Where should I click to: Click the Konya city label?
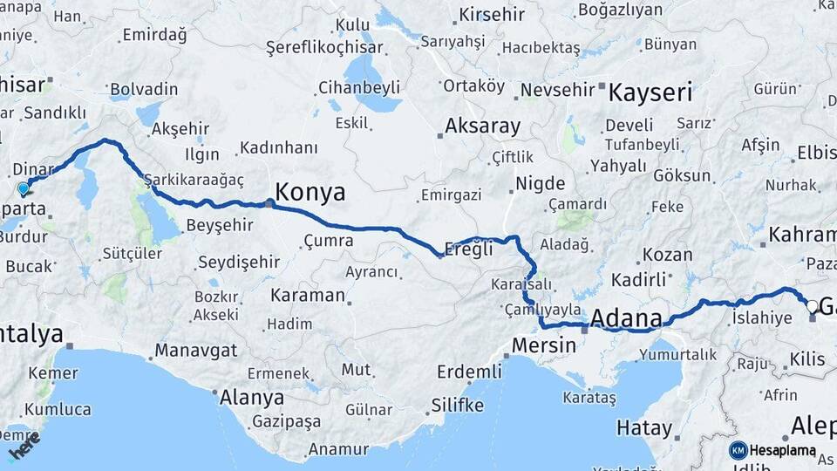tap(310, 192)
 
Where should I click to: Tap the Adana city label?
tap(626, 319)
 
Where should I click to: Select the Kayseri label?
tap(650, 92)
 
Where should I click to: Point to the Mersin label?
tap(544, 345)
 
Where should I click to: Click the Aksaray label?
tap(482, 126)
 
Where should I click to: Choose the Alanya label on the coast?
tap(252, 398)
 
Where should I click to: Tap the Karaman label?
tap(308, 295)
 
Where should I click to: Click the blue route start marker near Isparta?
tap(24, 188)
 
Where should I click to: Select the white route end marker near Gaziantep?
tap(813, 306)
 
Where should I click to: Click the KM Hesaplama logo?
tap(772, 450)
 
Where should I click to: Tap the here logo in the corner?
tap(24, 450)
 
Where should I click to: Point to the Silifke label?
tap(457, 406)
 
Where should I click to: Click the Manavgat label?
tap(196, 351)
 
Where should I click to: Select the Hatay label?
tap(644, 428)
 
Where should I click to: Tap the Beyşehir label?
tap(220, 225)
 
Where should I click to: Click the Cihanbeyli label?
tap(358, 87)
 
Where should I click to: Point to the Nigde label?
tap(540, 184)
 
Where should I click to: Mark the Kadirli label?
tap(638, 280)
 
